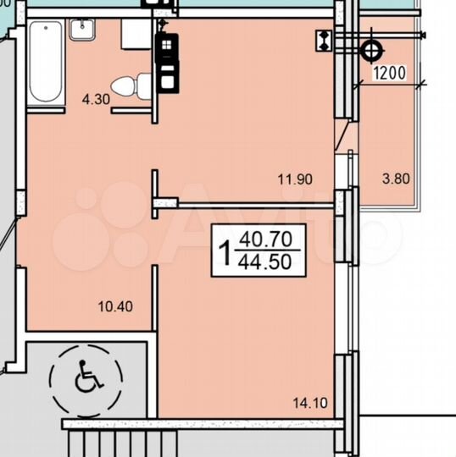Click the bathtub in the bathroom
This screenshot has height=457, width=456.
45,63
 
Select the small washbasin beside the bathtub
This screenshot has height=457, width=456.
81,29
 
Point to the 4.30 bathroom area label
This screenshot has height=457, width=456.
95,99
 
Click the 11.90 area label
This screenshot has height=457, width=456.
295,179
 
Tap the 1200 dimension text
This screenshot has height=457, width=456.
391,74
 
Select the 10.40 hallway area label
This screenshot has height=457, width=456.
115,306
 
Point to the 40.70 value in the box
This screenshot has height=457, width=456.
264,240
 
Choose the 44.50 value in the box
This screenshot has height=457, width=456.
264,262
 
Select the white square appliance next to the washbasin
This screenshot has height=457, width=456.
136,34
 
